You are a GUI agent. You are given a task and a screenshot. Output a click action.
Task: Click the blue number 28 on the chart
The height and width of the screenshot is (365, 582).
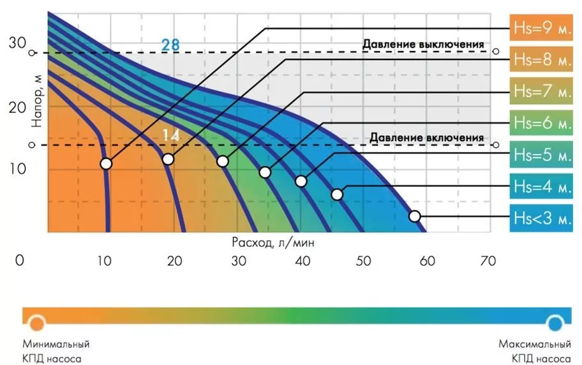pos(170,45)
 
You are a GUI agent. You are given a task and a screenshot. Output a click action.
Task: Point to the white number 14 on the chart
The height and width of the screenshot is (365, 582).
pos(170,135)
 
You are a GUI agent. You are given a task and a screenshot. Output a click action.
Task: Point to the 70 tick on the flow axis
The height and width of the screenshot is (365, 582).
pos(488,260)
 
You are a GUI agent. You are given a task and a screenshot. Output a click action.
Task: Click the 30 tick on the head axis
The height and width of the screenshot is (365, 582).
pos(17,43)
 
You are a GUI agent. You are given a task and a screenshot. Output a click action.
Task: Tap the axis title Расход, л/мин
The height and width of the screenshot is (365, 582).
pos(273,243)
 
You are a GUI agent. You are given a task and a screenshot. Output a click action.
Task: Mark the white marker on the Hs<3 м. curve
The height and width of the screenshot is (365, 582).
pos(415,216)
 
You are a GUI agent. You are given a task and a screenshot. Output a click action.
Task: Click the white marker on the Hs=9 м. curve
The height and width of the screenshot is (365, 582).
pos(106,164)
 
